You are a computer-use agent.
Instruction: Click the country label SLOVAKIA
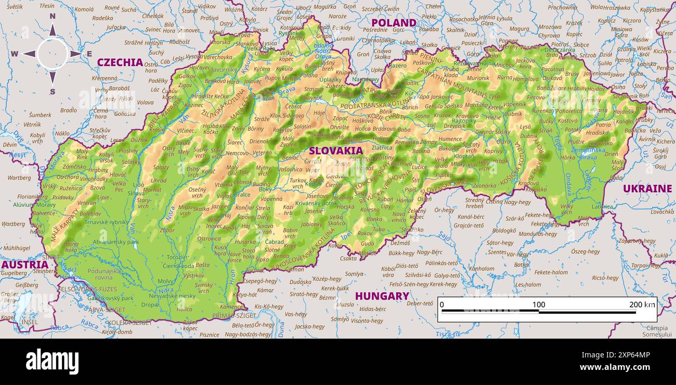pyautogui.click(x=336, y=151)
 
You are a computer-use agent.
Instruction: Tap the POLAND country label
pyautogui.click(x=394, y=23)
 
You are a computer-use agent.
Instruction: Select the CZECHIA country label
pyautogui.click(x=120, y=63)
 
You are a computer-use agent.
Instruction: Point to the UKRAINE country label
pyautogui.click(x=647, y=189)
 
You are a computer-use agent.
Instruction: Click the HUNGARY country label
pyautogui.click(x=382, y=296)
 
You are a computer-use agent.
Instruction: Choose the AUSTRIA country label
pyautogui.click(x=24, y=265)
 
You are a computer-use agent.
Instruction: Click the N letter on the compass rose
pyautogui.click(x=53, y=16)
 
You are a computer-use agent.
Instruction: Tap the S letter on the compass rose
pyautogui.click(x=53, y=92)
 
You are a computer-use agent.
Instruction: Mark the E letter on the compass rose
pyautogui.click(x=89, y=54)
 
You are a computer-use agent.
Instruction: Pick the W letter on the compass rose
pyautogui.click(x=15, y=54)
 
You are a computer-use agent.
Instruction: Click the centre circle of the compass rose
pyautogui.click(x=53, y=54)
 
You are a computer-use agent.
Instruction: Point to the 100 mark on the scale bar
pyautogui.click(x=539, y=305)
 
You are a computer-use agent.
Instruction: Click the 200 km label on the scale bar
pyautogui.click(x=642, y=305)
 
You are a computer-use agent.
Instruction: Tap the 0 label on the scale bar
pyautogui.click(x=442, y=305)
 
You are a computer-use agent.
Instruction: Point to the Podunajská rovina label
pyautogui.click(x=104, y=274)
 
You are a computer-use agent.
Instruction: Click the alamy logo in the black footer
pyautogui.click(x=52, y=362)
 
